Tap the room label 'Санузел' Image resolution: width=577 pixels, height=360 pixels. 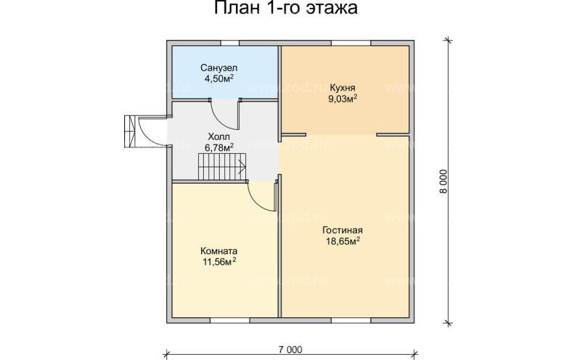218,67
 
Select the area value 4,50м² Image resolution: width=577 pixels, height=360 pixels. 218,78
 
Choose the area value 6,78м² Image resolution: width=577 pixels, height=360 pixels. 218,147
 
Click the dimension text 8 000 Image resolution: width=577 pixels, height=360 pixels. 444,181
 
